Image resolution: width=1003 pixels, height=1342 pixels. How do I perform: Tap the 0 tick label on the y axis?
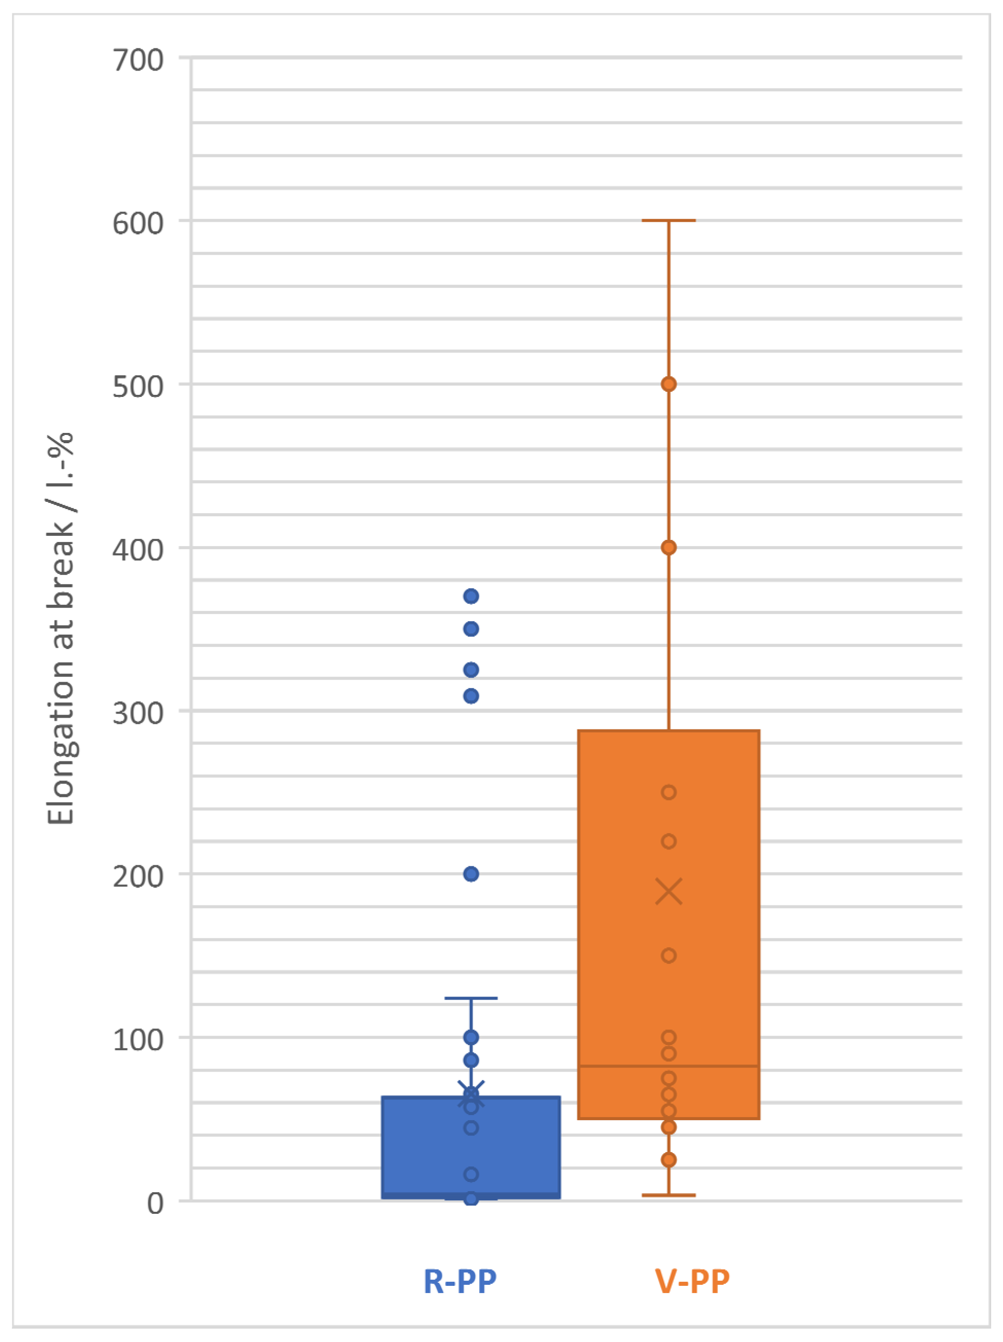click(x=155, y=1202)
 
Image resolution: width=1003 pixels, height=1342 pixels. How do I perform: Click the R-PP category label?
click(x=460, y=1282)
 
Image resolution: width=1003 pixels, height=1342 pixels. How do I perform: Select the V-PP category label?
click(x=692, y=1282)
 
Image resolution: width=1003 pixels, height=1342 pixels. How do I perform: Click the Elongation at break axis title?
click(x=61, y=628)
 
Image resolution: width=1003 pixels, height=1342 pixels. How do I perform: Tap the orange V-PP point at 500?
click(x=669, y=384)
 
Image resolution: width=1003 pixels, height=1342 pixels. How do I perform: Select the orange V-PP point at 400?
click(x=669, y=547)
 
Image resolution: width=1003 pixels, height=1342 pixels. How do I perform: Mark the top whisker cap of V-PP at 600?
click(x=669, y=220)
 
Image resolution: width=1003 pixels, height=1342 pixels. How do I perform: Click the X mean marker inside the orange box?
click(x=669, y=891)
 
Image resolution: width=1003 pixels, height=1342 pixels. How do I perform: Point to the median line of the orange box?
click(x=669, y=1066)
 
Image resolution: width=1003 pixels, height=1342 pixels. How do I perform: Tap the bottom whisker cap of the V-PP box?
click(x=669, y=1195)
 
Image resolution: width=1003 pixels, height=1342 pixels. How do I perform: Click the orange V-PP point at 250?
click(x=669, y=792)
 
